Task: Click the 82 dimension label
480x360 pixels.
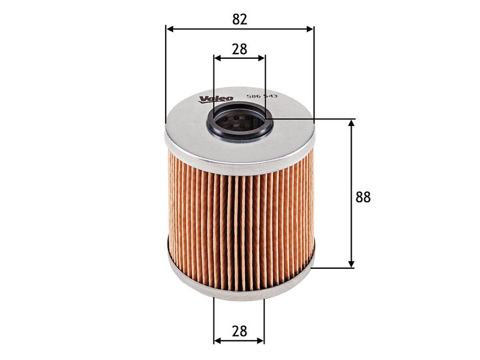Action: [x=239, y=19]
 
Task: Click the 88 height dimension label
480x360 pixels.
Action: [x=363, y=197]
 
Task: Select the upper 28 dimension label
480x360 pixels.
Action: [x=239, y=49]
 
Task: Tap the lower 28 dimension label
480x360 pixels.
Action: [x=239, y=331]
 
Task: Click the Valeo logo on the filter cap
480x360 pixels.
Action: [x=216, y=98]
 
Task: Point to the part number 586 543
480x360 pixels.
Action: [x=262, y=96]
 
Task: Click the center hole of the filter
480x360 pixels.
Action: [x=239, y=122]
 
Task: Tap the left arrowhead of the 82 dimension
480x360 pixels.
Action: [x=170, y=29]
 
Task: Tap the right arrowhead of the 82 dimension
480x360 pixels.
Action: [x=310, y=29]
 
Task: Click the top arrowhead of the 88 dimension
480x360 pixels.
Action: [x=352, y=124]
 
